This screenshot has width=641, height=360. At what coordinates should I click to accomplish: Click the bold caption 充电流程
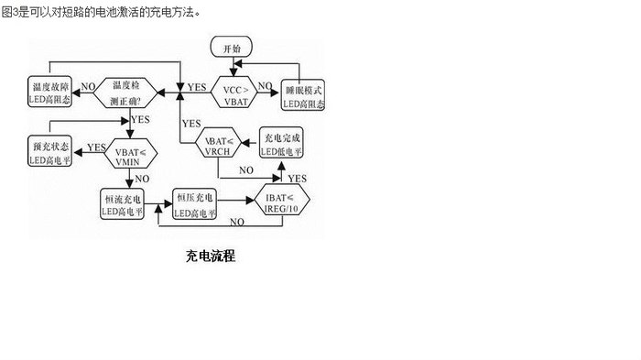click(x=210, y=256)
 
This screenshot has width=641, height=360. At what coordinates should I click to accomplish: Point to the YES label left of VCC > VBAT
click(x=196, y=87)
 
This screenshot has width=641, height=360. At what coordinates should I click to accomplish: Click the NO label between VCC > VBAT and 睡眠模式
click(x=266, y=86)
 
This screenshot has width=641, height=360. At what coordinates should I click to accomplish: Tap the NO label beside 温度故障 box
click(x=88, y=87)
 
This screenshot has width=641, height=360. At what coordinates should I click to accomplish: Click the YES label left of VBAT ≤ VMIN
click(x=96, y=147)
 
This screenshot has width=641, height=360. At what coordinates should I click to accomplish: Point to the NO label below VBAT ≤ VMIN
click(x=142, y=180)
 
